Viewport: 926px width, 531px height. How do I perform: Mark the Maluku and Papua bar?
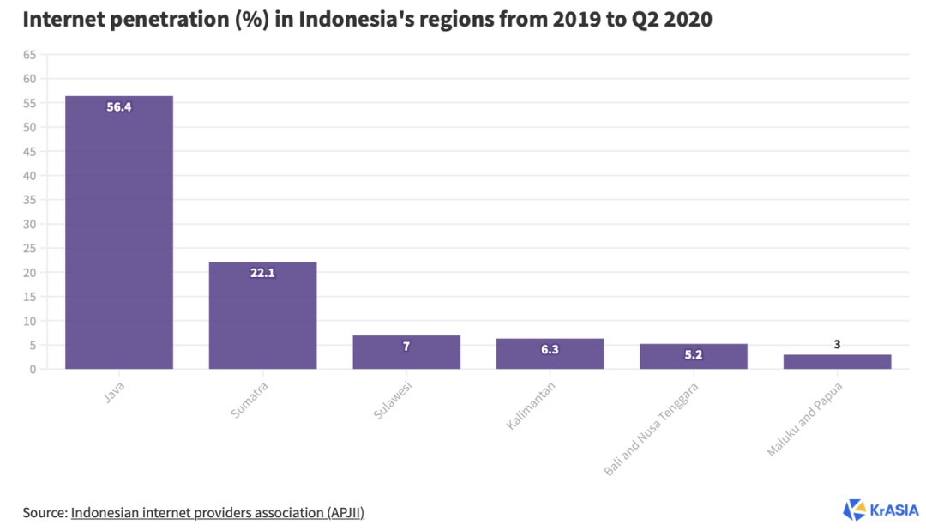(x=837, y=362)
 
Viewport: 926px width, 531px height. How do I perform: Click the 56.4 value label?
(x=119, y=107)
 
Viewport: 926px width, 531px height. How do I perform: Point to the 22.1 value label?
(x=262, y=274)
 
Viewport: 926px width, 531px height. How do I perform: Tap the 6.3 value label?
(x=550, y=350)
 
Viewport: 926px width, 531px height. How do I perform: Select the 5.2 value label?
(x=693, y=354)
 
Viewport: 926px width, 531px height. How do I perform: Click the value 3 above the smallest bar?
(x=837, y=345)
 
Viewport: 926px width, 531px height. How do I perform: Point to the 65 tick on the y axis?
(x=30, y=55)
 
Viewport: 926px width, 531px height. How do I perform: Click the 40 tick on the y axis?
(x=30, y=176)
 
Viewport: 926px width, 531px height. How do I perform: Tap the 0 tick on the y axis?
(x=33, y=370)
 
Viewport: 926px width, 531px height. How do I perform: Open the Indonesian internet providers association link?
(x=218, y=512)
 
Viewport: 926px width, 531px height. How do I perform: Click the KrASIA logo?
(x=880, y=510)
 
